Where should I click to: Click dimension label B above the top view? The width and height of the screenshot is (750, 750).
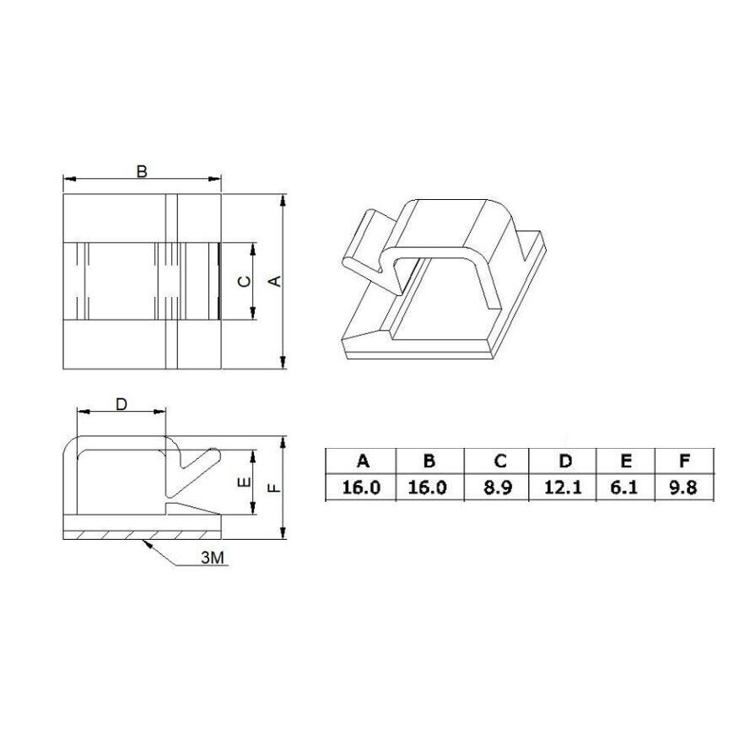click(142, 171)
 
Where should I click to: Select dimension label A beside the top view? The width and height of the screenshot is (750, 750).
click(276, 281)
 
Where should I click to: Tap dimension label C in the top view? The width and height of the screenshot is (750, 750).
click(244, 281)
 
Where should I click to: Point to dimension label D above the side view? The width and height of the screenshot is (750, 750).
click(121, 405)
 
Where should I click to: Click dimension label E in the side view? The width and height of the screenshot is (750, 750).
click(244, 483)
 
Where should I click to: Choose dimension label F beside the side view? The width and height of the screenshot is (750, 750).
click(274, 488)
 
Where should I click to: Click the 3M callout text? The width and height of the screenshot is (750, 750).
click(213, 558)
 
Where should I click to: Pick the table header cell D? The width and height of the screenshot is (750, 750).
click(565, 461)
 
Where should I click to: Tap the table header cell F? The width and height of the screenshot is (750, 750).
click(684, 461)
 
